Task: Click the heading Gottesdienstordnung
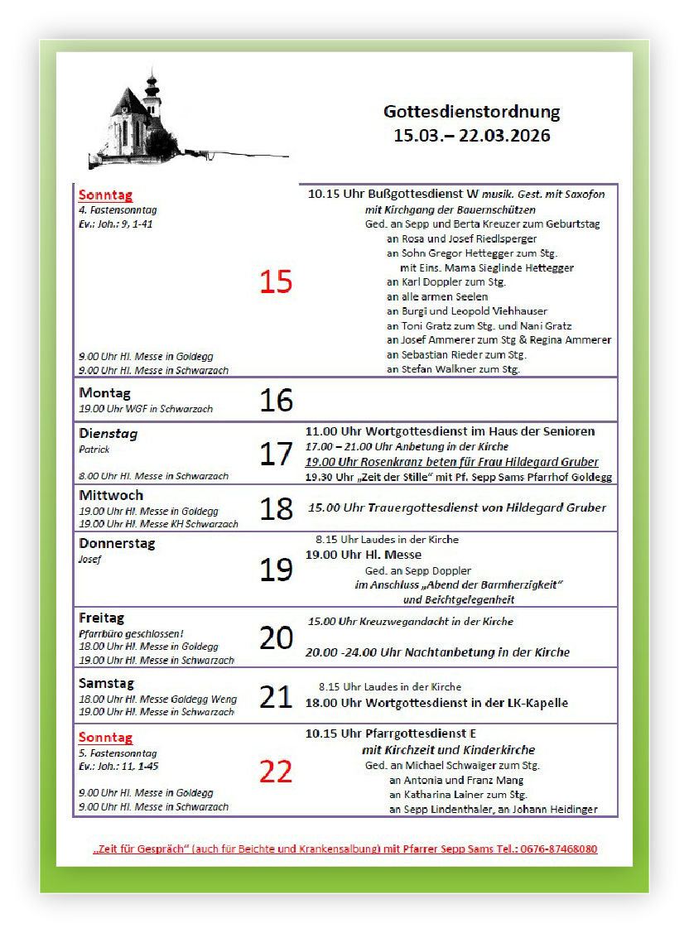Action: pyautogui.click(x=471, y=112)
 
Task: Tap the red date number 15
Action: pyautogui.click(x=276, y=282)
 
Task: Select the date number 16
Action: pyautogui.click(x=276, y=401)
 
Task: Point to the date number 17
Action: pyautogui.click(x=276, y=454)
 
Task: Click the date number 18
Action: pyautogui.click(x=276, y=509)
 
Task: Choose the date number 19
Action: pyautogui.click(x=276, y=570)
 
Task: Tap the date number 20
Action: pyautogui.click(x=276, y=637)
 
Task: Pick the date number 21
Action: pyautogui.click(x=276, y=697)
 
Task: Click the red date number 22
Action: pyautogui.click(x=276, y=772)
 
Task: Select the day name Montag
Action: pyautogui.click(x=104, y=393)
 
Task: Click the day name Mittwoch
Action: pyautogui.click(x=111, y=496)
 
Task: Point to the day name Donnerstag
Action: pyautogui.click(x=117, y=544)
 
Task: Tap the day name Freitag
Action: pyautogui.click(x=101, y=618)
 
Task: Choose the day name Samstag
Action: pyautogui.click(x=106, y=684)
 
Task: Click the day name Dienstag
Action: pyautogui.click(x=108, y=434)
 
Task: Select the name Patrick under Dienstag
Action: pyautogui.click(x=94, y=450)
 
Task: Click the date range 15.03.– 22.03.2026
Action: pyautogui.click(x=471, y=136)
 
